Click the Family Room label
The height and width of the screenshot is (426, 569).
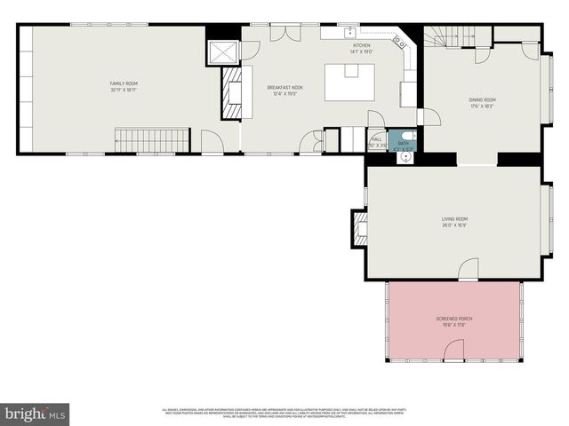[x=124, y=85]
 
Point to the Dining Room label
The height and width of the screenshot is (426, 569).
[x=482, y=101]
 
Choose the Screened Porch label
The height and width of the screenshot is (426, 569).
[x=453, y=320]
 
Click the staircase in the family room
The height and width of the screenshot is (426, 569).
[x=151, y=139]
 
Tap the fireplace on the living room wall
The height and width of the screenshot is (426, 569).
[x=361, y=228]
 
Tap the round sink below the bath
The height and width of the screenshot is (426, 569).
[x=406, y=157]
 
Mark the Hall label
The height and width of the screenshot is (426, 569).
[x=376, y=140]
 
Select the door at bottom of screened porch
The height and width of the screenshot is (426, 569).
[x=453, y=356]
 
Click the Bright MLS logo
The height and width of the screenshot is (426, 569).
[x=35, y=414]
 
